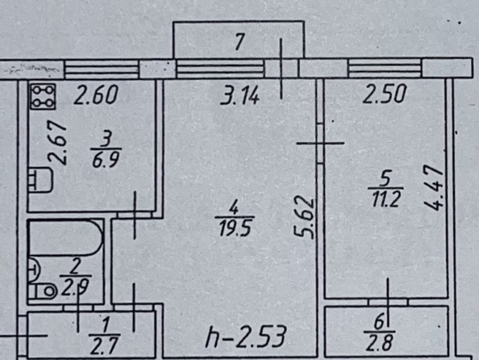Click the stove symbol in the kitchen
click(x=43, y=96)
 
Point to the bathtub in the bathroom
click(x=65, y=238)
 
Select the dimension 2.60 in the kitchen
click(x=96, y=95)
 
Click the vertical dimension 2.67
click(x=58, y=143)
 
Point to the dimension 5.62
click(x=304, y=218)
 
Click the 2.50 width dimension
click(x=385, y=94)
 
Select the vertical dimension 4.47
click(x=434, y=187)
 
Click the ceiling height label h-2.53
click(x=246, y=337)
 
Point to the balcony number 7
click(x=240, y=42)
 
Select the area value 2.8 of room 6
click(x=380, y=342)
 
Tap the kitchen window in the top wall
click(x=102, y=69)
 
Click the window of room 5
click(x=385, y=68)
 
